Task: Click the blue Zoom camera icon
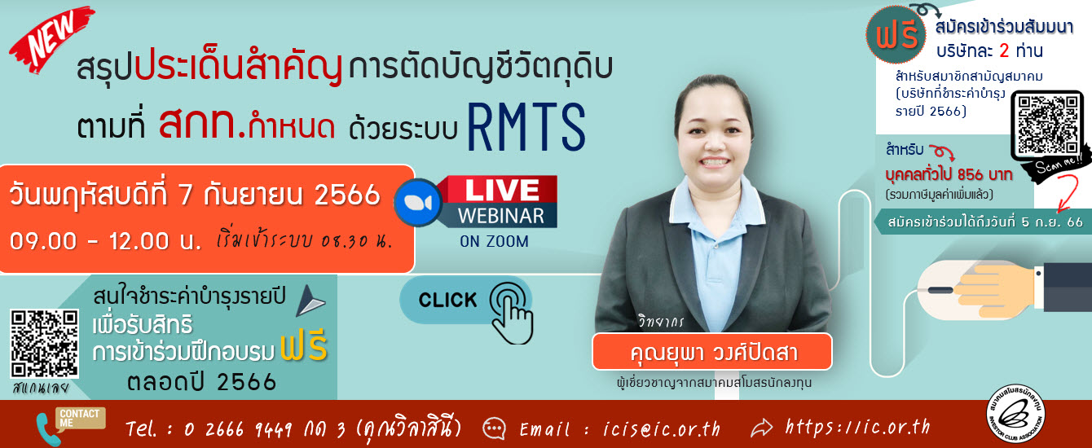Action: point(417,201)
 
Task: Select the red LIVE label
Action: point(500,190)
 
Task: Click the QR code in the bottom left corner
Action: point(45,343)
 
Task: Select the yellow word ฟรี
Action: point(303,349)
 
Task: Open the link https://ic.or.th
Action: point(856,427)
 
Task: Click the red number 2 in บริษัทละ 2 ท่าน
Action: point(1003,51)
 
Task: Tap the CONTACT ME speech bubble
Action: point(80,418)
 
